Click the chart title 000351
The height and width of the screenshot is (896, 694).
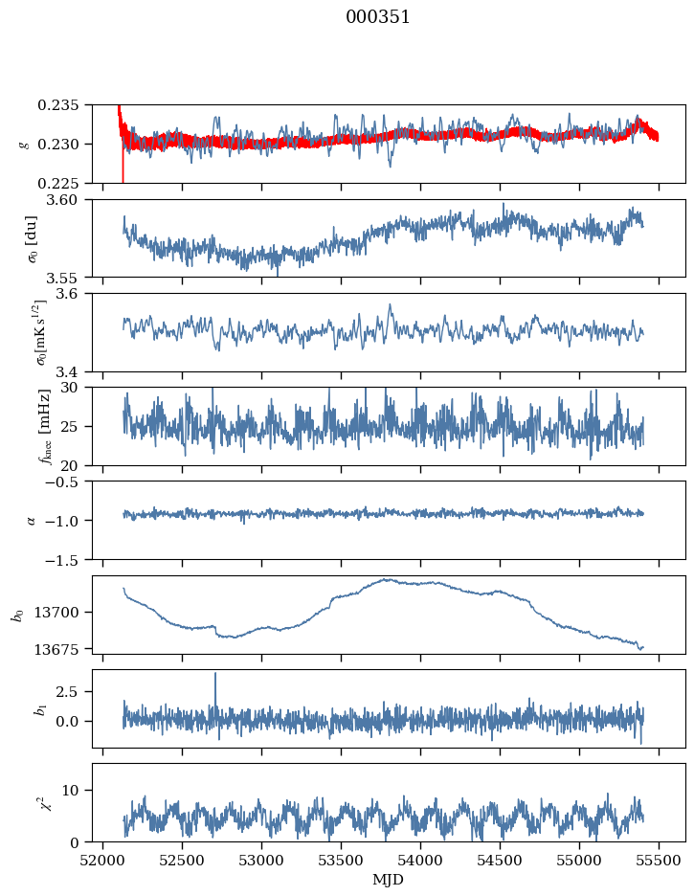(x=378, y=17)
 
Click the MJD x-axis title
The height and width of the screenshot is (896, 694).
(x=389, y=879)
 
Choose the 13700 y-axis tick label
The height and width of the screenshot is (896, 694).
(x=65, y=612)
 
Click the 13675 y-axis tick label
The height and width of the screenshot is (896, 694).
(x=65, y=648)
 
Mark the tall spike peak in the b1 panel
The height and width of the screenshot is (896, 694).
(x=215, y=674)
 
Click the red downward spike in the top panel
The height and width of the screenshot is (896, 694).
(x=123, y=177)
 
